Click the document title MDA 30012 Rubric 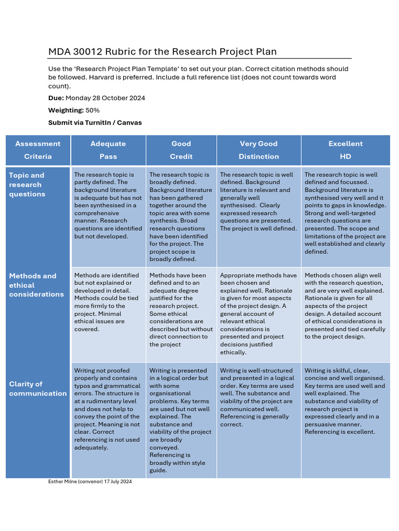click(x=162, y=51)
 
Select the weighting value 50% click(x=92, y=110)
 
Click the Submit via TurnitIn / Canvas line click(x=95, y=123)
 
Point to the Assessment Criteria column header click(x=37, y=150)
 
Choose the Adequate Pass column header click(x=108, y=150)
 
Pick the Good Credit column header click(x=181, y=150)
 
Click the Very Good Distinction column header click(x=259, y=150)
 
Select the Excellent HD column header click(x=345, y=150)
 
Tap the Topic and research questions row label click(x=27, y=185)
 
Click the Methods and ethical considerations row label click(x=36, y=285)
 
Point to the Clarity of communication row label click(x=37, y=388)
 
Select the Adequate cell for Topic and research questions click(x=108, y=206)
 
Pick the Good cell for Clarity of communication click(x=181, y=420)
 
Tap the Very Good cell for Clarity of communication click(x=259, y=397)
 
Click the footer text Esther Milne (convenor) click(x=90, y=482)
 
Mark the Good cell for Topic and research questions click(x=181, y=217)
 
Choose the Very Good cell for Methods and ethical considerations click(x=259, y=314)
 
